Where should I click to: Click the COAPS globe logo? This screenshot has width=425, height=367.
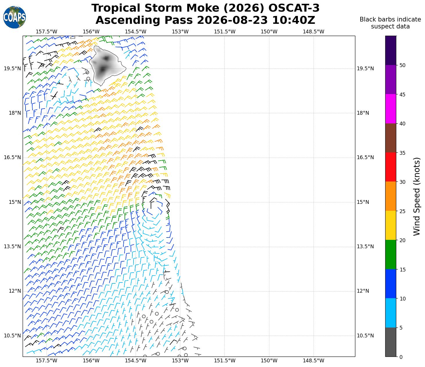[x=15, y=17]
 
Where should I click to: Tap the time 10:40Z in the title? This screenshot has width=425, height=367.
[x=293, y=20]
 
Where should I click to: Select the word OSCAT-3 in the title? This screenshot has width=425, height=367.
[x=294, y=8]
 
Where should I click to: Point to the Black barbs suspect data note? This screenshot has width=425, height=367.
[x=390, y=23]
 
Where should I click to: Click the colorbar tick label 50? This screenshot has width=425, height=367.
[x=402, y=65]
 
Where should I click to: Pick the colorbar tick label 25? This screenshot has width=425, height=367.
[x=402, y=211]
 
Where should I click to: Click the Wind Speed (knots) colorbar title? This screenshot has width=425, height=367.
[x=417, y=197]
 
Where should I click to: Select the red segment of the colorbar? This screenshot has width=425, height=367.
[x=390, y=167]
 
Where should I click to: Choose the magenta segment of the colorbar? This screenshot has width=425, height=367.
[x=390, y=109]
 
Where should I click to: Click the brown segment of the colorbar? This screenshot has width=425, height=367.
[x=390, y=138]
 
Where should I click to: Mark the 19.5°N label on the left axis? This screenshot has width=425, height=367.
[x=12, y=69]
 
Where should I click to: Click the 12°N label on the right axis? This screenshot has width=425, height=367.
[x=363, y=291]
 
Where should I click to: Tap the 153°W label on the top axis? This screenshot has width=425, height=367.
[x=180, y=32]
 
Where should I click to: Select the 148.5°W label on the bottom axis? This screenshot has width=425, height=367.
[x=313, y=361]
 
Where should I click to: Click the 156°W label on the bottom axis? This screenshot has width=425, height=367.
[x=91, y=361]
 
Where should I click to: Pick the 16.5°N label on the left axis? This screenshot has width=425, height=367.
[x=12, y=157]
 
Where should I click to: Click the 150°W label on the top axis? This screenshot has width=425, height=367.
[x=269, y=32]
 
